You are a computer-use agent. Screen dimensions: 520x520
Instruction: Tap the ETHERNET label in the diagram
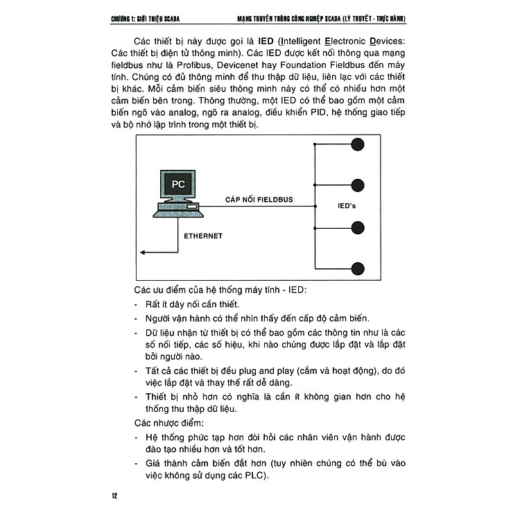(x=202, y=236)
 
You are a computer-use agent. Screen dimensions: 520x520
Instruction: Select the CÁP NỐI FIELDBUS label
(x=259, y=200)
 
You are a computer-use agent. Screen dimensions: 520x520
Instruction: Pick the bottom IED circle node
(x=358, y=267)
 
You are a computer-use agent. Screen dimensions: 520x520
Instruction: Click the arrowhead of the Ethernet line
(x=141, y=252)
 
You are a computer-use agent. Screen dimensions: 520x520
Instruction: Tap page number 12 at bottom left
(x=115, y=496)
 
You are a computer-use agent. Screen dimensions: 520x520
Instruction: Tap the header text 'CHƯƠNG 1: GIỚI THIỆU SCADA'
(x=152, y=18)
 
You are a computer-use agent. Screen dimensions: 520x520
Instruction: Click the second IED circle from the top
(x=358, y=185)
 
